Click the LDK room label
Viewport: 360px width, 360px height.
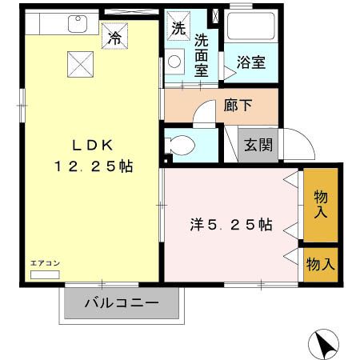[92, 146]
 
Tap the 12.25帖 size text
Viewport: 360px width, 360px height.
[93, 167]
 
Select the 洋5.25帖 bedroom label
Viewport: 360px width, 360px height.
[231, 226]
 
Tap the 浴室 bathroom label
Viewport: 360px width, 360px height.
[250, 64]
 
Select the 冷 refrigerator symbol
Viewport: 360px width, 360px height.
[116, 36]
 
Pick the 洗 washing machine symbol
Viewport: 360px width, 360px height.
[178, 27]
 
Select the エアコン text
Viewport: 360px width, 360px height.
[45, 263]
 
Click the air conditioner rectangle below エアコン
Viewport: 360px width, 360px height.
[45, 274]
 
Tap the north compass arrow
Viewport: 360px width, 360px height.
[323, 346]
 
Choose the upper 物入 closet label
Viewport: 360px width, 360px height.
[321, 205]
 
